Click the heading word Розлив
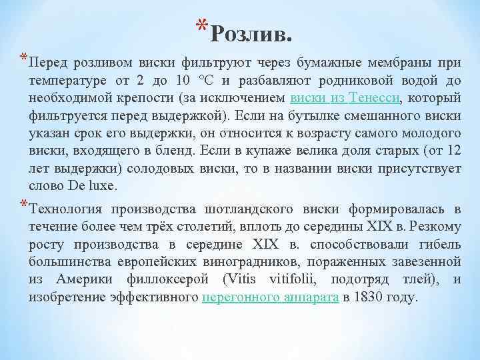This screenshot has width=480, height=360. coord(255,31)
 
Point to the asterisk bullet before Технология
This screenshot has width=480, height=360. coord(24,205)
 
